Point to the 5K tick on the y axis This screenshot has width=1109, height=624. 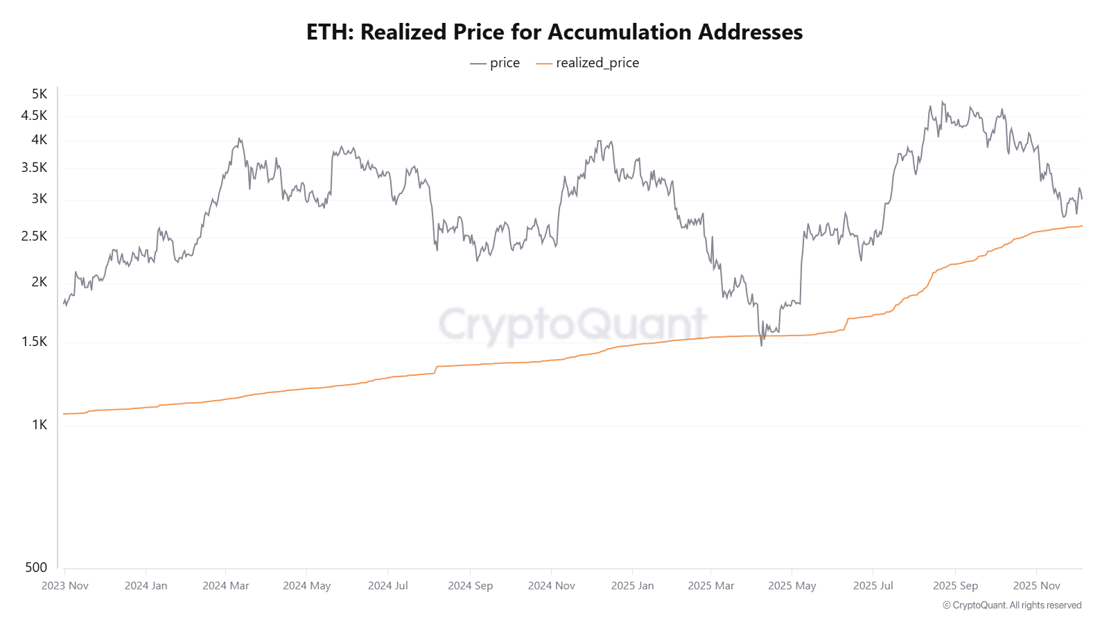[40, 94]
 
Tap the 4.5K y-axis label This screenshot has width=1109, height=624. [34, 115]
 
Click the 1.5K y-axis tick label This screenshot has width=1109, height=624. [34, 341]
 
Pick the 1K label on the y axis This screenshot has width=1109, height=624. [40, 424]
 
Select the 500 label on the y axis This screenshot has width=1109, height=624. [36, 567]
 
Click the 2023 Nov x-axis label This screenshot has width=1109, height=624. [65, 585]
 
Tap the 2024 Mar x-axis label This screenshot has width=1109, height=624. [225, 585]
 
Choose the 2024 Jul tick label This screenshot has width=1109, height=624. [387, 585]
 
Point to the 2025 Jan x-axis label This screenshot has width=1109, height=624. [632, 585]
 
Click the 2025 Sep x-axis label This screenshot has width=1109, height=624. [955, 585]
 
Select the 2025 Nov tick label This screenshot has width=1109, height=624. [1036, 585]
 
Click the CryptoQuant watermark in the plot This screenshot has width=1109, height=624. [573, 324]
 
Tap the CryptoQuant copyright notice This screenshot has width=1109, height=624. [1012, 605]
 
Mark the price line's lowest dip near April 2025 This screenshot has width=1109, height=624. [762, 345]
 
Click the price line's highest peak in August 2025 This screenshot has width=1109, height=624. [942, 102]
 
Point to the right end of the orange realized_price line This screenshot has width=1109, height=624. [1081, 226]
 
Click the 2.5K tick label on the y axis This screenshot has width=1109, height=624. [34, 236]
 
